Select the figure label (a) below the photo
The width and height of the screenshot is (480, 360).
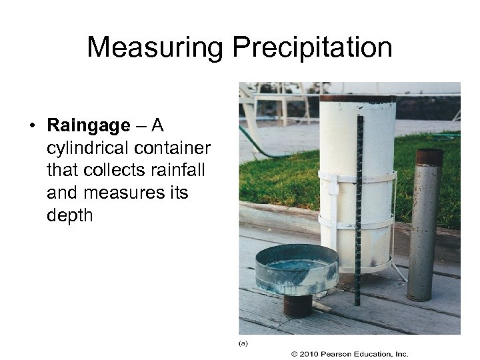tap(244, 343)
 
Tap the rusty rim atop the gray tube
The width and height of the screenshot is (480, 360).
tap(429, 157)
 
